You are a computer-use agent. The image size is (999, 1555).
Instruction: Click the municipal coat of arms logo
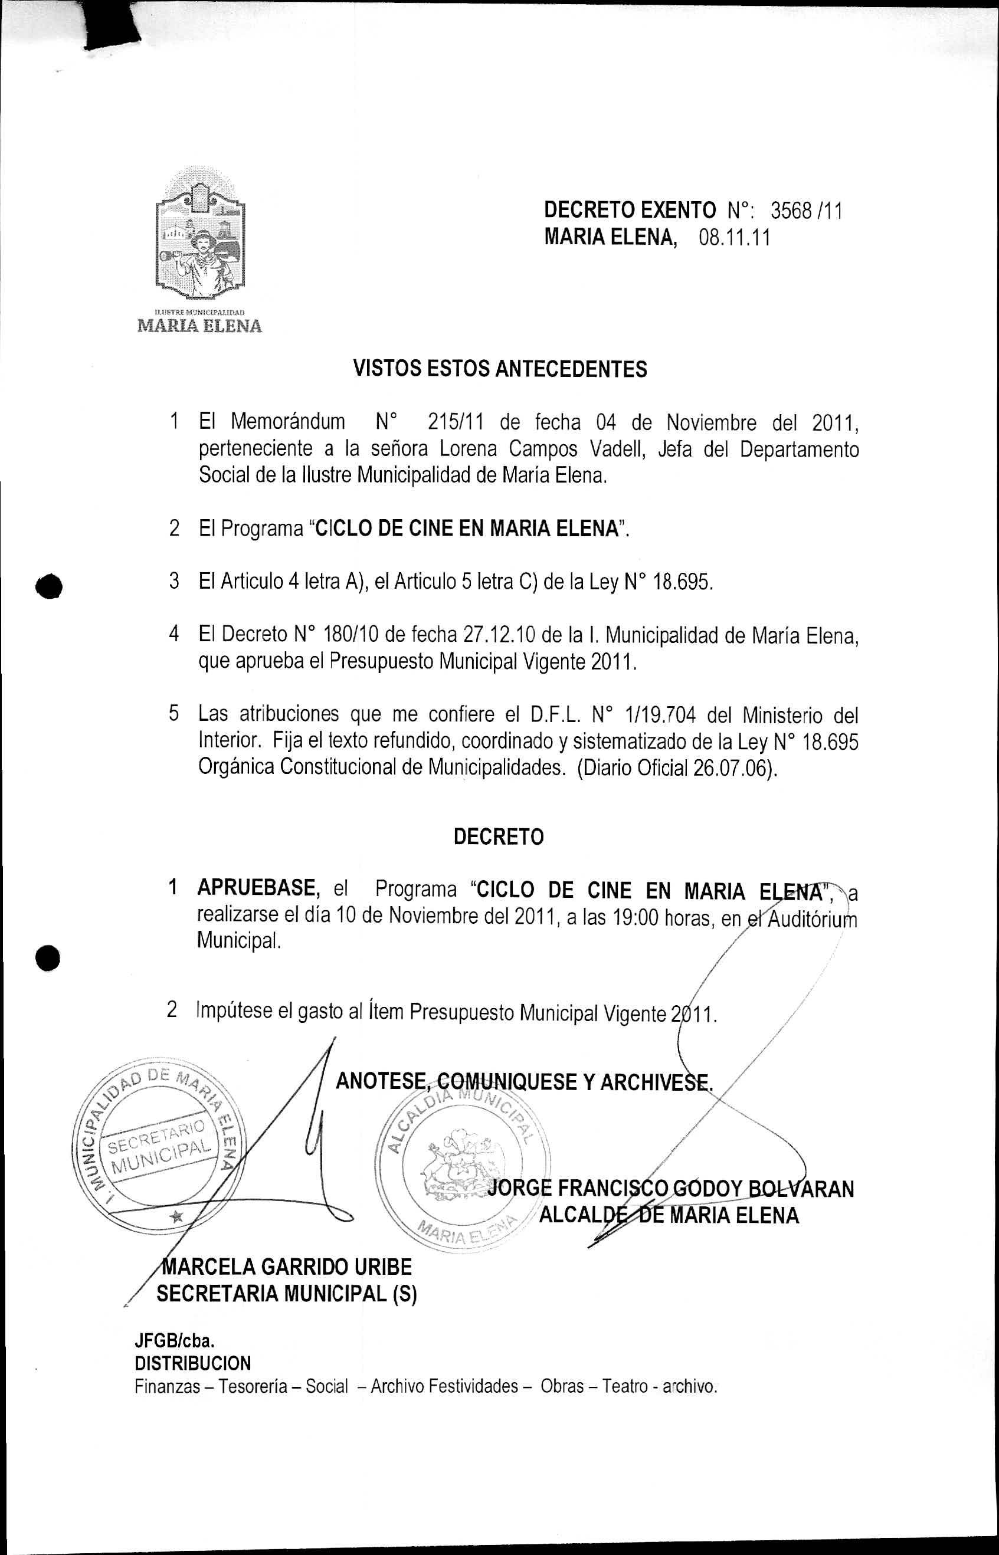click(200, 234)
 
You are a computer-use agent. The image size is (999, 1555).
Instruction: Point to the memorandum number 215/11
click(456, 422)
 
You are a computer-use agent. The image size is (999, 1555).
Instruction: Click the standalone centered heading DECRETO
click(498, 836)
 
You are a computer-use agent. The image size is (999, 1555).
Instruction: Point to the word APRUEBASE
click(257, 887)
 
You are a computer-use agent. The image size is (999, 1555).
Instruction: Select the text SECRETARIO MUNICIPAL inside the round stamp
click(159, 1149)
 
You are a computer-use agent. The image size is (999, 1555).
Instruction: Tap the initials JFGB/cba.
click(175, 1340)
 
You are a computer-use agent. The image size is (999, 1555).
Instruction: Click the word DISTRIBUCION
click(193, 1363)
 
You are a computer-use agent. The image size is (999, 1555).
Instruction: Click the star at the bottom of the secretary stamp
click(175, 1216)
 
